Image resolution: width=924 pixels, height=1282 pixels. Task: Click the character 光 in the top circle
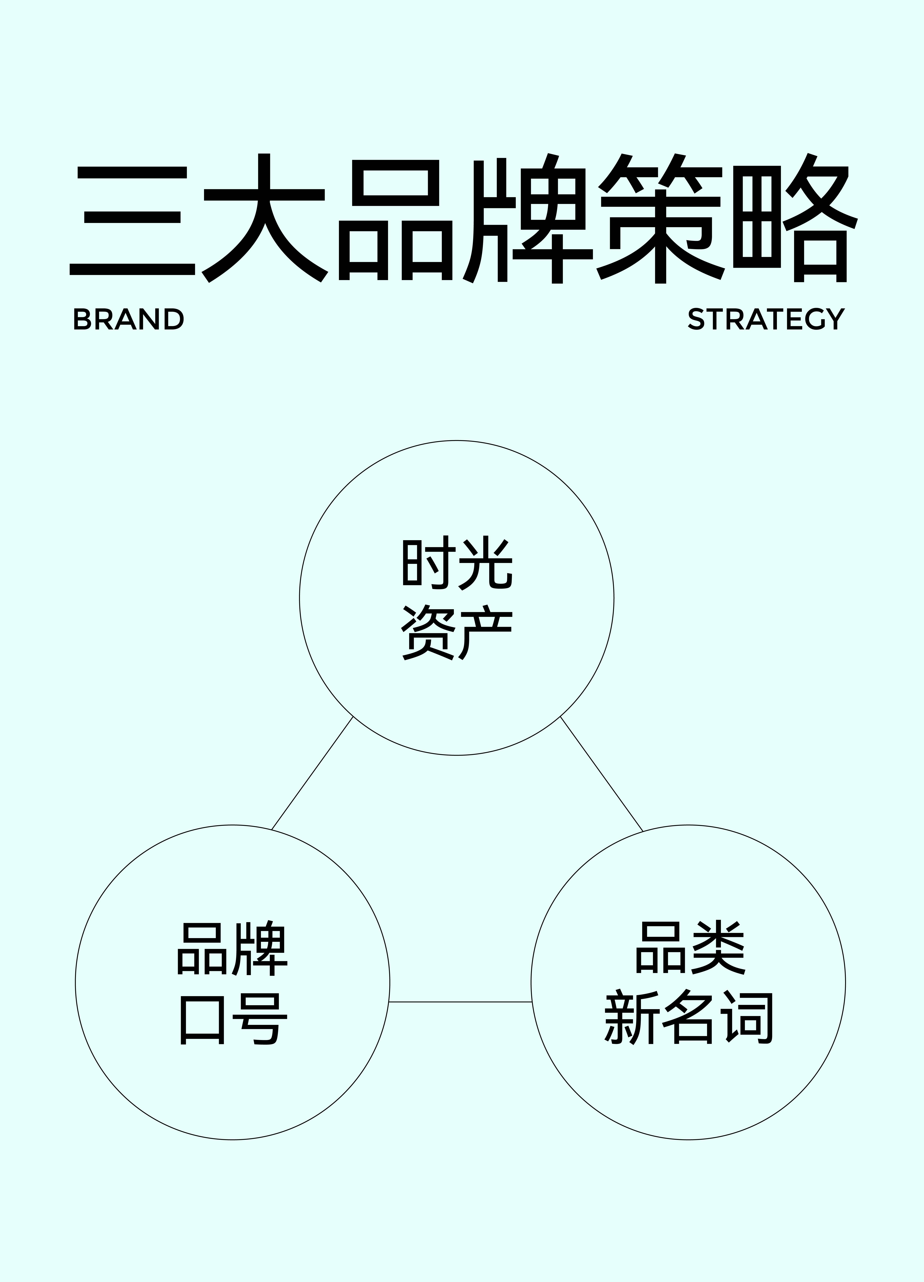coord(486,563)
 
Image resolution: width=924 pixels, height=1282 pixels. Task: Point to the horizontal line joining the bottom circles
coord(460,1002)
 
